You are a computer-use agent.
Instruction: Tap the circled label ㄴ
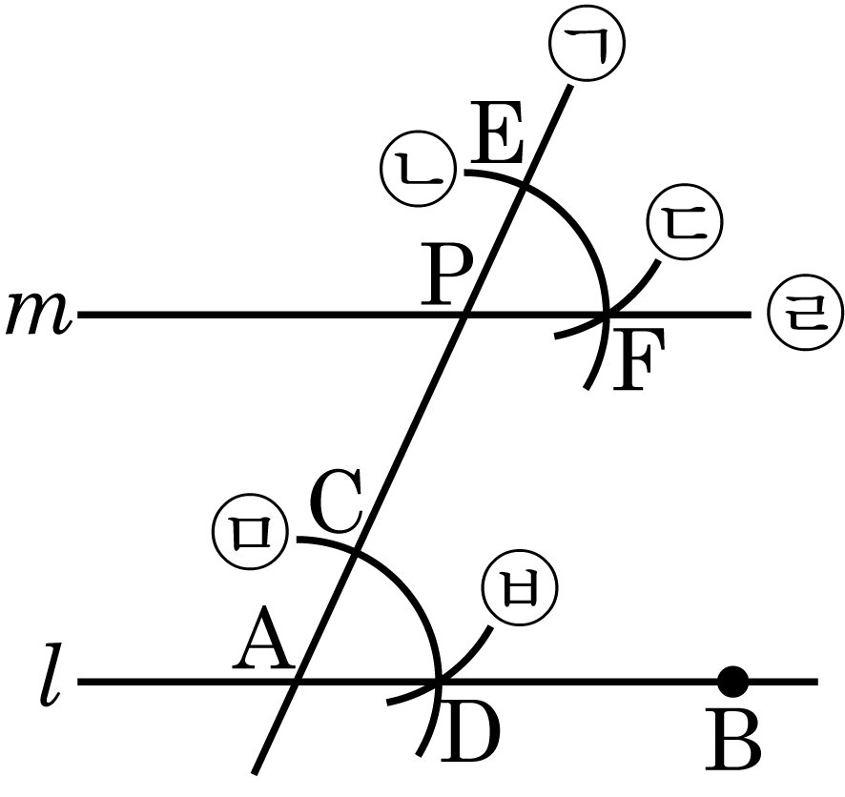click(417, 168)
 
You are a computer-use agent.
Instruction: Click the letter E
click(498, 140)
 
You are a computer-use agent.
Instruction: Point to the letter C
click(338, 505)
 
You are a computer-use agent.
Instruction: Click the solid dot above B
click(732, 681)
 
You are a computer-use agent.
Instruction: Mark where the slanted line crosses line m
click(466, 314)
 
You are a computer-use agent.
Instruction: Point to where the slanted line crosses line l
click(298, 682)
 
